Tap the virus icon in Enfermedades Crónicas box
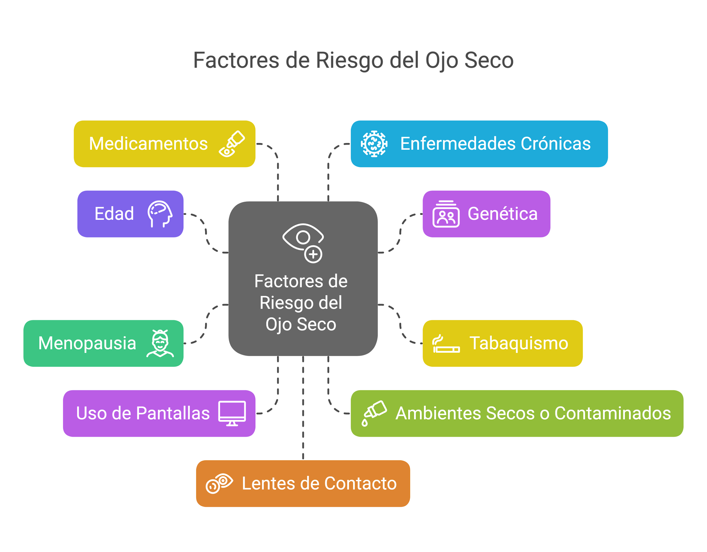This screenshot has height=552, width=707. click(x=374, y=144)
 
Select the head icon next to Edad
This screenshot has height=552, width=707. click(x=160, y=214)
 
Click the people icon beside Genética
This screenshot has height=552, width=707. click(x=446, y=214)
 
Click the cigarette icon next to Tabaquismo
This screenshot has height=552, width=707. click(x=446, y=344)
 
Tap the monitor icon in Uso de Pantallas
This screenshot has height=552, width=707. click(x=232, y=413)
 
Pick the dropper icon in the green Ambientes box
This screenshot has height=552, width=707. click(x=374, y=413)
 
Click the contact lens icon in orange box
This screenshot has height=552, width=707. click(x=219, y=483)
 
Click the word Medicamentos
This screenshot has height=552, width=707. click(x=148, y=144)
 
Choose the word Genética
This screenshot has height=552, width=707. click(x=503, y=214)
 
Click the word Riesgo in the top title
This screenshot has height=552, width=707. click(x=350, y=60)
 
